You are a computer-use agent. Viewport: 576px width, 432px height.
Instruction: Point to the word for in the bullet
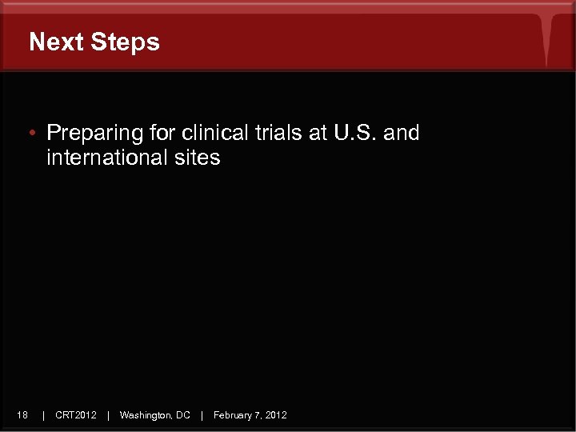click(x=163, y=133)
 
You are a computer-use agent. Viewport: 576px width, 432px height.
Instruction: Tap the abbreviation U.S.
click(x=355, y=133)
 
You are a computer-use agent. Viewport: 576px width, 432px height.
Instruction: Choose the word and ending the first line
click(x=402, y=133)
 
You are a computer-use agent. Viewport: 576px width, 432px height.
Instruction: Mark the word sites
click(x=197, y=158)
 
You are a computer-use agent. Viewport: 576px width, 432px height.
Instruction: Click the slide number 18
click(x=22, y=414)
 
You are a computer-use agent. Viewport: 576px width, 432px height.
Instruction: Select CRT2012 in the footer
click(x=76, y=414)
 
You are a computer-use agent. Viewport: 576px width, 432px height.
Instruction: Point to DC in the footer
click(x=182, y=414)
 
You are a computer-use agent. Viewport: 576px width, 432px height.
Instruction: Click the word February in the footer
click(x=233, y=414)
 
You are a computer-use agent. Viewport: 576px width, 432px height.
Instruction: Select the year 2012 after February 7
click(x=277, y=414)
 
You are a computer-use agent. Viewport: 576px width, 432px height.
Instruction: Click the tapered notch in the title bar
click(x=547, y=40)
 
